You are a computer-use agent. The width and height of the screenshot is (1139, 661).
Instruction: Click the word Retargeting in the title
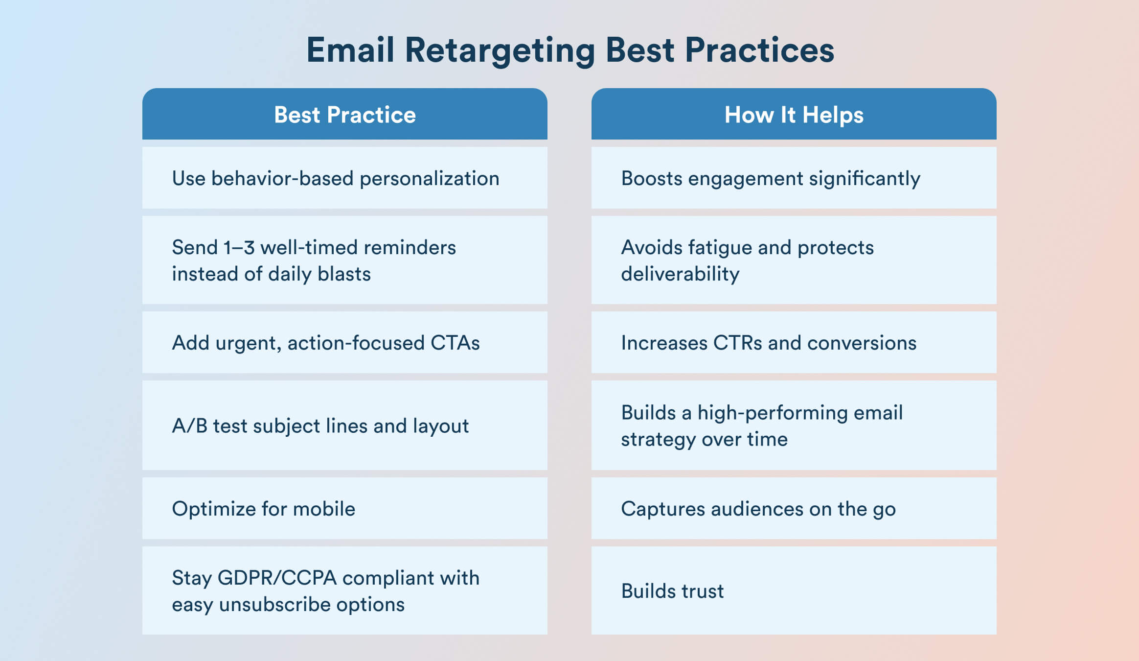point(500,51)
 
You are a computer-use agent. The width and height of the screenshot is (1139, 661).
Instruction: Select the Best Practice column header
point(344,115)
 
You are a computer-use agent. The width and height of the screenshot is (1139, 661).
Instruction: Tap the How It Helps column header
point(794,115)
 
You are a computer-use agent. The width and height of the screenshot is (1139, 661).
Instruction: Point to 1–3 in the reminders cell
point(239,248)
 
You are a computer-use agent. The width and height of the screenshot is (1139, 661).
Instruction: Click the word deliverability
point(680,274)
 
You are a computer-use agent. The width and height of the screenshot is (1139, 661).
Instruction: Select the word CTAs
point(455,343)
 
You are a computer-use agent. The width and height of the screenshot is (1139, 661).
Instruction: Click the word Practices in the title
point(759,51)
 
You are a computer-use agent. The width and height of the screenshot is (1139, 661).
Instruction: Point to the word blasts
point(344,274)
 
